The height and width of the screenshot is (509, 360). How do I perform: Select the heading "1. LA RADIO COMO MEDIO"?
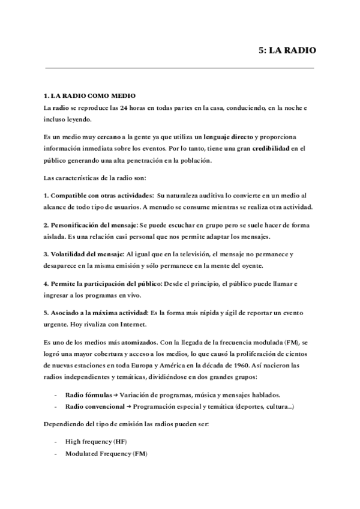(90, 95)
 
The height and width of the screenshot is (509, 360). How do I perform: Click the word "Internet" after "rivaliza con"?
(133, 325)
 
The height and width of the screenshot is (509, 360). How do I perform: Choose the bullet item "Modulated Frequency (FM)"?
(107, 454)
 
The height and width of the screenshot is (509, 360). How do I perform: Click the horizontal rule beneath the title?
(180, 68)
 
